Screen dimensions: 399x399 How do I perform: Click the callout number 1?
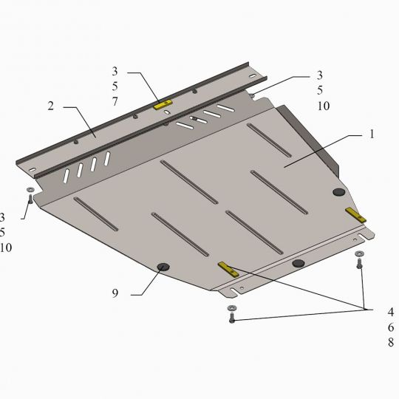pos(372,134)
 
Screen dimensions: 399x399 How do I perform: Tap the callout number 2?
pos(51,106)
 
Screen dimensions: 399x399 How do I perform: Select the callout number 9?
pos(115,293)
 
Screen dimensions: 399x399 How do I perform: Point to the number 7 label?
pos(115,101)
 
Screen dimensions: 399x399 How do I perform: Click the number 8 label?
pos(391,342)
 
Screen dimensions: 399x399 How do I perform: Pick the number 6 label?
pos(391,327)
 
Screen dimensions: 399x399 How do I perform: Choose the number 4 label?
pos(391,312)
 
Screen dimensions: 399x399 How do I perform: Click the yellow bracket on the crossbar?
pos(163,105)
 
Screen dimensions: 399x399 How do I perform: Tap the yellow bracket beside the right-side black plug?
pos(356,215)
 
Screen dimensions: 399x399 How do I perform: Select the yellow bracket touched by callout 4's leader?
pos(228,270)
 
